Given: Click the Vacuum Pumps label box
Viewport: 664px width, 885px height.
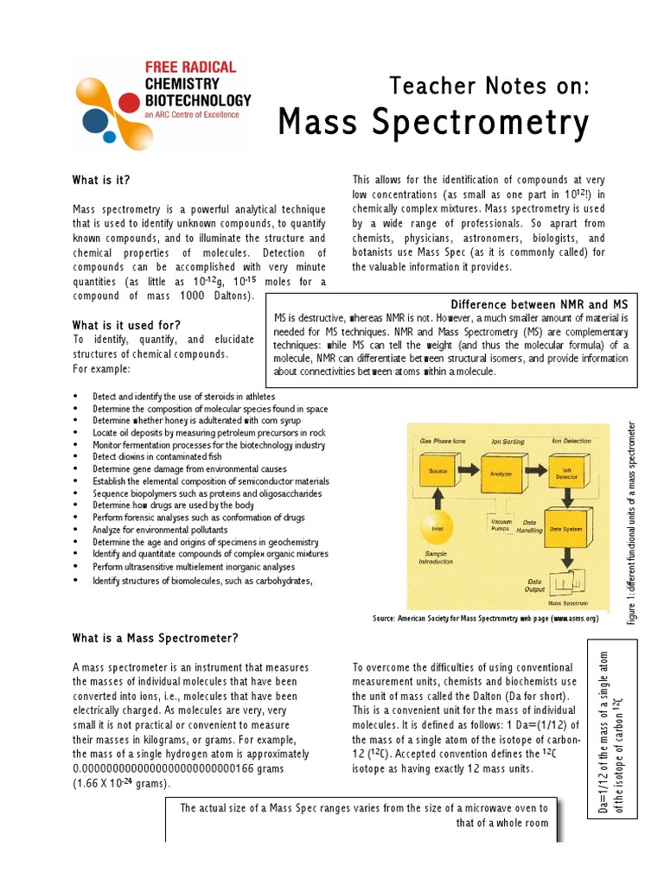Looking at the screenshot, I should pos(501,524).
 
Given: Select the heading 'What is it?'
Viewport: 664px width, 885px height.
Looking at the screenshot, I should pos(102,181).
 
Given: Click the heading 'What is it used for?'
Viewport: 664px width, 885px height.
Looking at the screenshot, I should pos(126,324).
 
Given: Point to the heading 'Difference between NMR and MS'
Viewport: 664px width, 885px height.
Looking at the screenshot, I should pos(539,304).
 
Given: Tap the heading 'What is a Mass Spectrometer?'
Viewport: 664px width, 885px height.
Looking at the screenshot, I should pos(156,639).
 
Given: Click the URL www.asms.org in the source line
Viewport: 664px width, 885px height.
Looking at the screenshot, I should pos(573,619).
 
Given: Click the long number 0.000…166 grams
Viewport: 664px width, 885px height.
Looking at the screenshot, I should pos(184,767).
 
